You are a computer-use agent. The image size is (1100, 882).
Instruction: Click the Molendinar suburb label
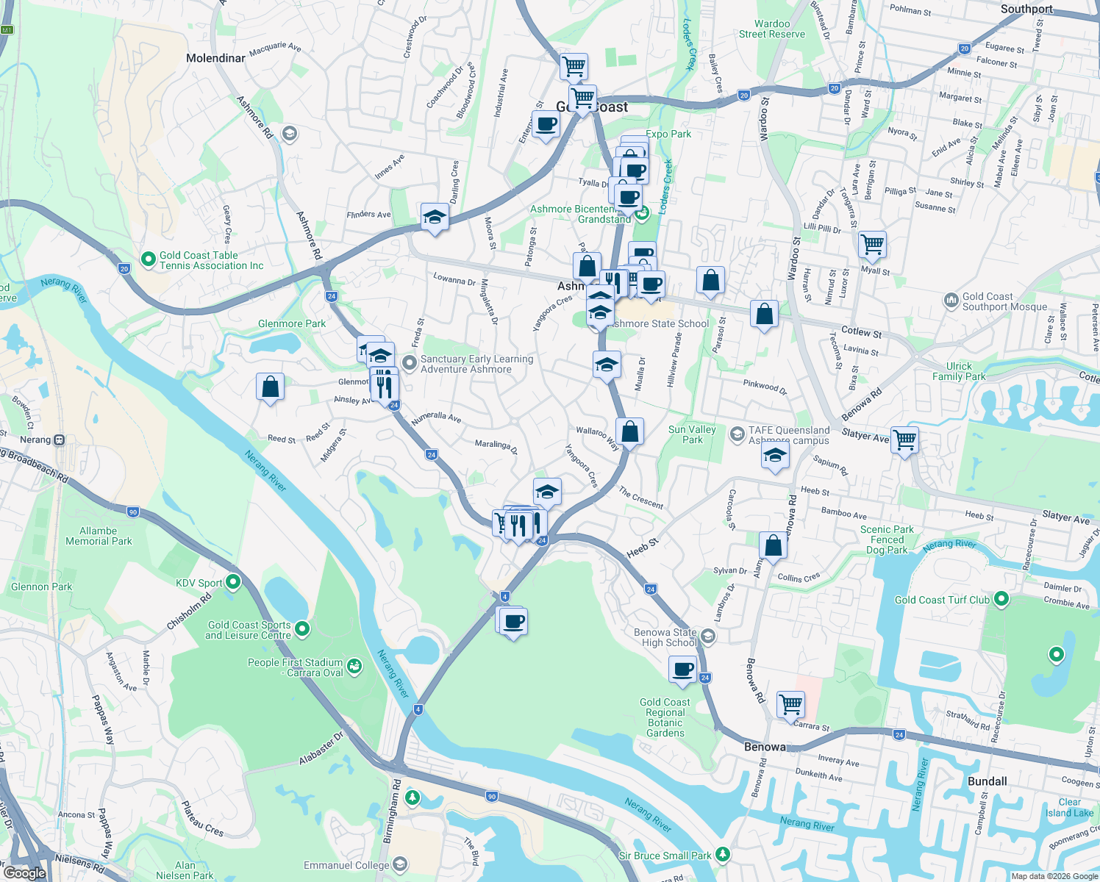pos(215,58)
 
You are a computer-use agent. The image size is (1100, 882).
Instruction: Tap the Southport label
pos(1026,9)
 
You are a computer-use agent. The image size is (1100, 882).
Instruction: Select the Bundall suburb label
pos(988,781)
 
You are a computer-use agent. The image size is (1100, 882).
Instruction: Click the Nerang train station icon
pos(60,440)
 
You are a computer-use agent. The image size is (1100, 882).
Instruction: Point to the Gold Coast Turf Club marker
pos(1001,599)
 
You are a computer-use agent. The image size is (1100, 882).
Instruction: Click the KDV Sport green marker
pos(233,582)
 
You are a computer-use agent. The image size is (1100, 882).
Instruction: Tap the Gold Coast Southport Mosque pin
pos(951,301)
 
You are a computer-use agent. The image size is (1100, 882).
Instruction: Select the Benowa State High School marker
pos(707,636)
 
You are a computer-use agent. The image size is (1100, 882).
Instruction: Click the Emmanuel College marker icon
pos(400,864)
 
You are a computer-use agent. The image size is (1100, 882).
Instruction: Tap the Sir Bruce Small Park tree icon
pos(724,854)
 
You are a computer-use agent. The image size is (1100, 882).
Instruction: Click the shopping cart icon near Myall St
pos(872,244)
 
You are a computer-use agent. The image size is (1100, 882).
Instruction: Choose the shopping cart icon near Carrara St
pos(790,703)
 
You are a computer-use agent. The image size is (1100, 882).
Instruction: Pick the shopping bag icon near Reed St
pos(270,386)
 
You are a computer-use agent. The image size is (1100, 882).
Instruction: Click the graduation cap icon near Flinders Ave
pos(435,217)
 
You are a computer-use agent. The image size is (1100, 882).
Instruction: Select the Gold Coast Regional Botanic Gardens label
pos(665,717)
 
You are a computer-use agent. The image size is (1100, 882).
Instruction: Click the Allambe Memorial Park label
pos(99,536)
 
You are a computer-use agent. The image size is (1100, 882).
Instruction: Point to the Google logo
pos(24,872)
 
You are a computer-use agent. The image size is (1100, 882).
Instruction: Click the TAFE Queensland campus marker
pos(737,434)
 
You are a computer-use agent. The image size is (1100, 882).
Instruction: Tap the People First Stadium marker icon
pos(354,666)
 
